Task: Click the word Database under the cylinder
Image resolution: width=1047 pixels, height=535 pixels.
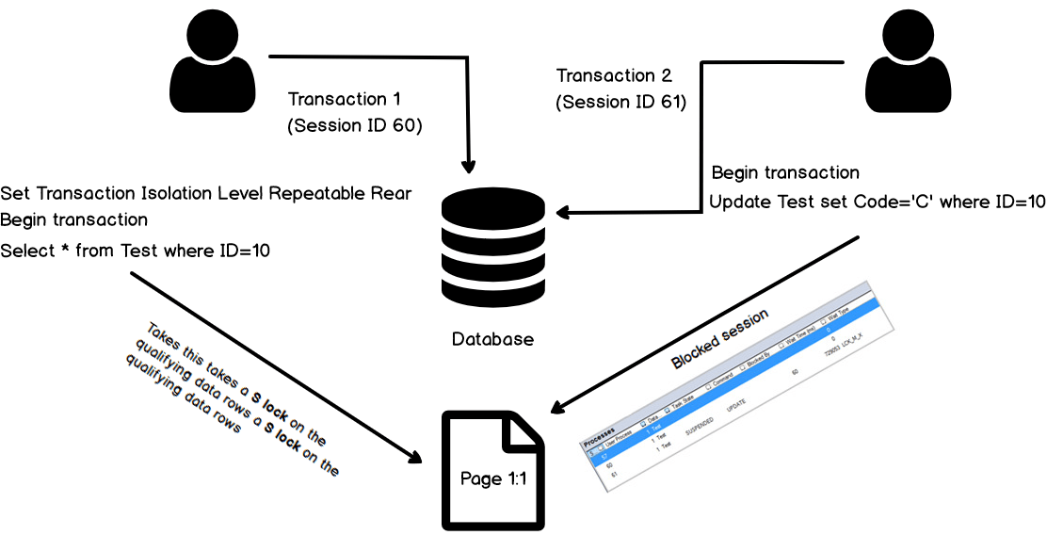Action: [x=492, y=339]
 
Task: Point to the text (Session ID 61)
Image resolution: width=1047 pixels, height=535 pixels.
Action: [x=621, y=102]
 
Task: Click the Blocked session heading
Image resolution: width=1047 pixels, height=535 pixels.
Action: [x=720, y=338]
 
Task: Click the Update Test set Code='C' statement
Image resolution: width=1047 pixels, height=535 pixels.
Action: [x=877, y=202]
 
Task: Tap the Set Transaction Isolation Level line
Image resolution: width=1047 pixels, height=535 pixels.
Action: [x=206, y=194]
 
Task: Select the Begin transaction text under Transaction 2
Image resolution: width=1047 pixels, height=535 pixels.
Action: [x=785, y=173]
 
